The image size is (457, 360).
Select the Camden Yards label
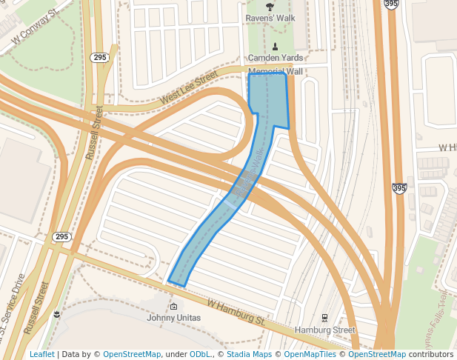coord(275,58)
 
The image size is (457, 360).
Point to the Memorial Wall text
coord(276,72)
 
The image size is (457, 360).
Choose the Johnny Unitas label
coord(173,319)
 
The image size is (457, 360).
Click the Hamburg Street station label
coord(325,330)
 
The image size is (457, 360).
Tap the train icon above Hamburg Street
coord(325,318)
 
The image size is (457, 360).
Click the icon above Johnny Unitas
coord(173,307)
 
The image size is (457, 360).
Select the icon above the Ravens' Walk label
coord(269,6)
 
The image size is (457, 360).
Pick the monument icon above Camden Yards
coord(275,46)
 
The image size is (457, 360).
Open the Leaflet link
coord(41,354)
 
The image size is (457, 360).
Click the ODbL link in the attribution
coord(200,354)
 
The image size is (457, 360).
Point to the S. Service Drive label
coord(14,303)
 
